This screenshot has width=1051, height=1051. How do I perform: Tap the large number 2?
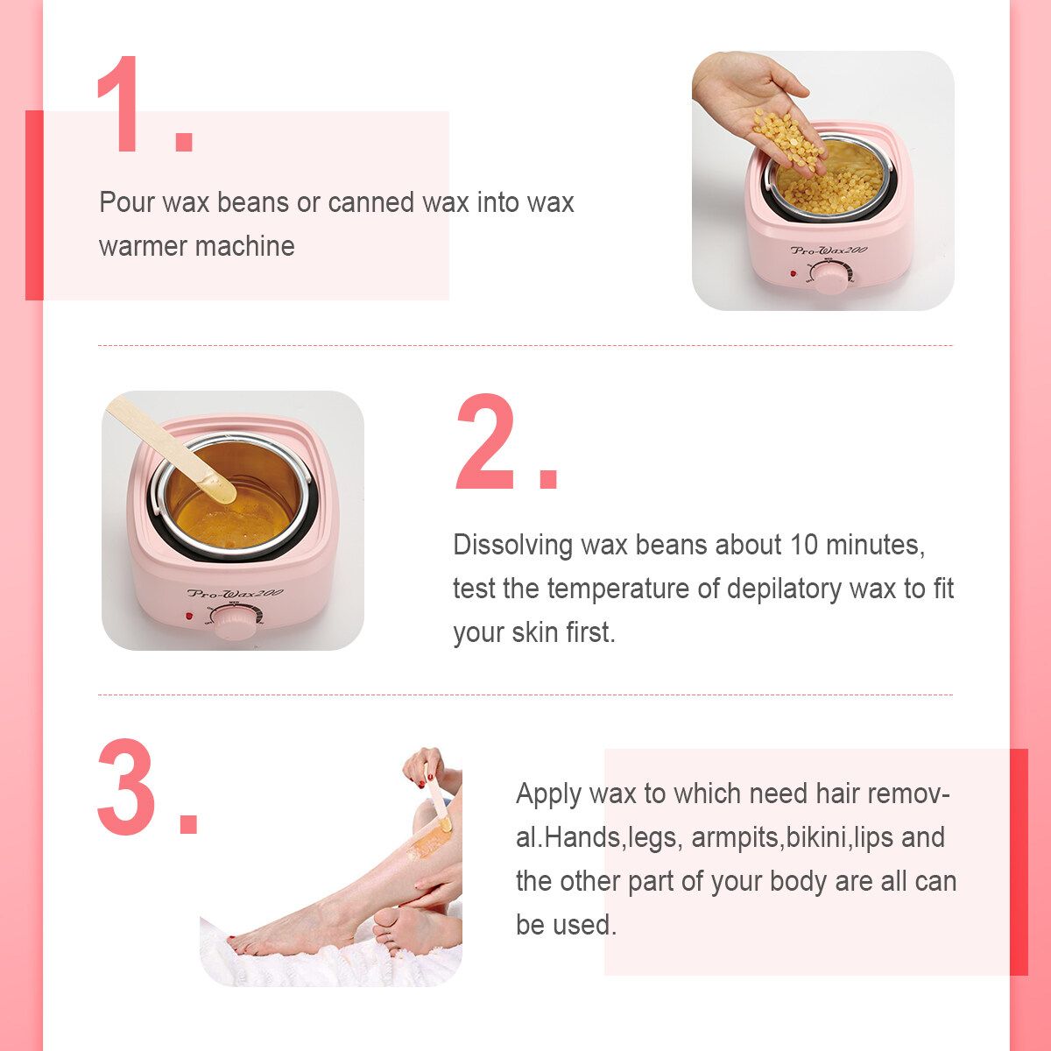point(485,441)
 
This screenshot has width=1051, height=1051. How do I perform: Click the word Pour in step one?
point(125,202)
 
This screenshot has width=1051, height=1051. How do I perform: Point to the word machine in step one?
point(247,246)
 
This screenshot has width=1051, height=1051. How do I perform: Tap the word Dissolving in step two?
point(512,546)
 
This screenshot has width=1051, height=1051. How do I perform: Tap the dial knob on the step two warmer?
point(234,623)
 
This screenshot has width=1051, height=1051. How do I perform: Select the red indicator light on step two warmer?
point(189,617)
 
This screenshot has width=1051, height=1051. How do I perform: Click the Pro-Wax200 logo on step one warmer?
point(829,250)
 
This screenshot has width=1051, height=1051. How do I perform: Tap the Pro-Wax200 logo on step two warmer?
point(235,593)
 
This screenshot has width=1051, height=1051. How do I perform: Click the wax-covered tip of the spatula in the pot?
point(217,486)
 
